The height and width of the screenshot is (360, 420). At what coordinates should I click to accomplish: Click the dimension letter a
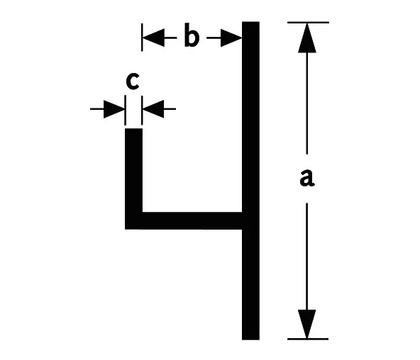[307, 177]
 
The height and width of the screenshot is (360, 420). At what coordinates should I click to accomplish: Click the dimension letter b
[192, 35]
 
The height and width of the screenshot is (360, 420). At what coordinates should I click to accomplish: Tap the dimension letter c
[133, 81]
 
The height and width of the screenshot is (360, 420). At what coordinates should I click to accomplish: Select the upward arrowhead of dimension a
[307, 38]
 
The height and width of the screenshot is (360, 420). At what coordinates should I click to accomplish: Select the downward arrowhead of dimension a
[307, 324]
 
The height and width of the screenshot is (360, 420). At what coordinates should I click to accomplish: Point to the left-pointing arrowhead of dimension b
[153, 38]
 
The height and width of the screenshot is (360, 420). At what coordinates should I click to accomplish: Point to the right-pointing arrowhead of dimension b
[231, 38]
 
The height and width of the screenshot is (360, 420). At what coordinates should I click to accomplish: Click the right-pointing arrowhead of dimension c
[114, 109]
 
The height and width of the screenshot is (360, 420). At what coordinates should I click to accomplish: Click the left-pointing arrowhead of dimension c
[153, 109]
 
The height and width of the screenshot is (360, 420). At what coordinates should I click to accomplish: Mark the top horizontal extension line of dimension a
[308, 23]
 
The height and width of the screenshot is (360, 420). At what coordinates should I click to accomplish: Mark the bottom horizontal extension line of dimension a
[308, 339]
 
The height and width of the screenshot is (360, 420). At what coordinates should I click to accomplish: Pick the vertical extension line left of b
[142, 37]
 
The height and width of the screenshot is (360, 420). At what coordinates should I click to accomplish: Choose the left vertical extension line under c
[125, 110]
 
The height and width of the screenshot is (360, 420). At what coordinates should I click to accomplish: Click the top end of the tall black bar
[250, 22]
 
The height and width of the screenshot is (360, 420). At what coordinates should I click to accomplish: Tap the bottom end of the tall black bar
[250, 339]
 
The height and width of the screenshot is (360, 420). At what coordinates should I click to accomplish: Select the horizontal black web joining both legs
[192, 220]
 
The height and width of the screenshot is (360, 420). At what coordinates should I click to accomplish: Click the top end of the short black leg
[133, 129]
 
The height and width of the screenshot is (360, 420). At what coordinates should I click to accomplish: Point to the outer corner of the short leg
[125, 229]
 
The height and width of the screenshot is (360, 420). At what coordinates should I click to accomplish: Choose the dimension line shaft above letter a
[307, 103]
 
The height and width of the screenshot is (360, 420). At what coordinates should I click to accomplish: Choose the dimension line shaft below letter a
[307, 257]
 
